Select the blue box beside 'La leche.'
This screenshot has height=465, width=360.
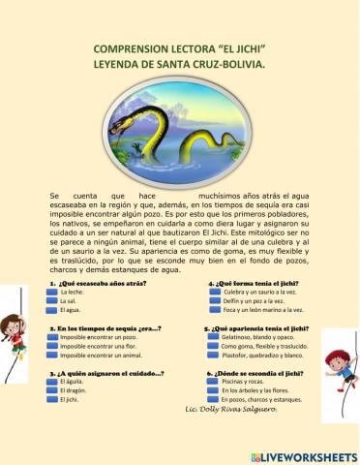52,292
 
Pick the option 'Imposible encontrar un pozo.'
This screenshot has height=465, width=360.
100,337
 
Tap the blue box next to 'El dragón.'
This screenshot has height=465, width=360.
52,390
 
